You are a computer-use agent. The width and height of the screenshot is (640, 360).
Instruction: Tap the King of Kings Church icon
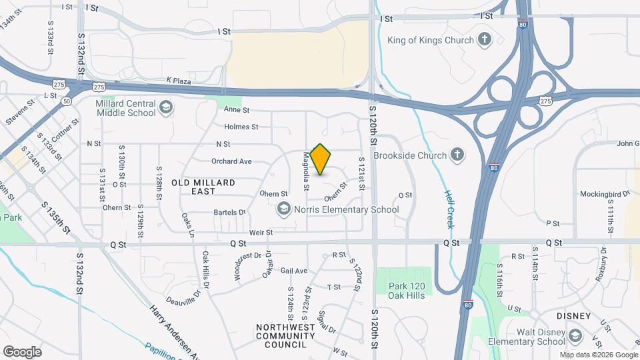pyautogui.click(x=485, y=40)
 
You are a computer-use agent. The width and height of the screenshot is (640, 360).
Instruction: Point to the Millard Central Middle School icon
pyautogui.click(x=165, y=106)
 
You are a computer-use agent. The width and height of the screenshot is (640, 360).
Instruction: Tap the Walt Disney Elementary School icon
pyautogui.click(x=575, y=335)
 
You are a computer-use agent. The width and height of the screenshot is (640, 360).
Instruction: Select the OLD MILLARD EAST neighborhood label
pyautogui.click(x=203, y=187)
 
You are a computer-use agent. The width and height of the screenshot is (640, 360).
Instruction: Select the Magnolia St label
pyautogui.click(x=307, y=171)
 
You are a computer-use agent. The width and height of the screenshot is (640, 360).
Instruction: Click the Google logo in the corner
pyautogui.click(x=22, y=352)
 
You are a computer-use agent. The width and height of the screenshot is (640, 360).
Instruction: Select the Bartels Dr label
pyautogui.click(x=230, y=212)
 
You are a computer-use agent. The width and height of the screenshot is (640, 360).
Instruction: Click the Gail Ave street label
pyautogui.click(x=293, y=271)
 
